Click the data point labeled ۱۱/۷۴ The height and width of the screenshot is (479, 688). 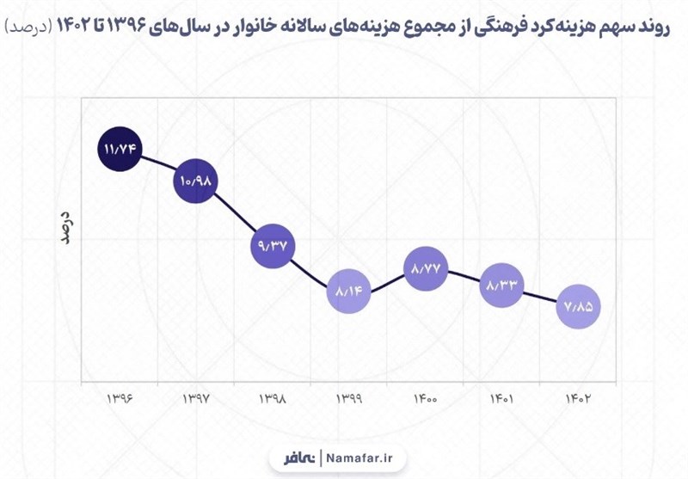pos(120,149)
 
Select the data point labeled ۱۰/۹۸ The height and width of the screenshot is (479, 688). pos(196,181)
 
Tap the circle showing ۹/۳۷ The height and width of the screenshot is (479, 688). pos(273,246)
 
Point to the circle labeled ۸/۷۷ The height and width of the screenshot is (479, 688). pos(427,268)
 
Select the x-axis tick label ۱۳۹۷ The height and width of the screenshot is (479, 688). pos(197,400)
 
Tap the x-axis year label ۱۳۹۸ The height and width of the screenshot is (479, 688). pos(273,400)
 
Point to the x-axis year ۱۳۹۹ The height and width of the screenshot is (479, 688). pos(349,400)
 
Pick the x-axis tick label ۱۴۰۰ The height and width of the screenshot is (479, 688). pos(426,400)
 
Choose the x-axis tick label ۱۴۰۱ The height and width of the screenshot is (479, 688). pos(502,400)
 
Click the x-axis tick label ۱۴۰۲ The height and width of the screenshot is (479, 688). pos(579,400)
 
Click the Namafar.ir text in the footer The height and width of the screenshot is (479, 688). pos(359,457)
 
